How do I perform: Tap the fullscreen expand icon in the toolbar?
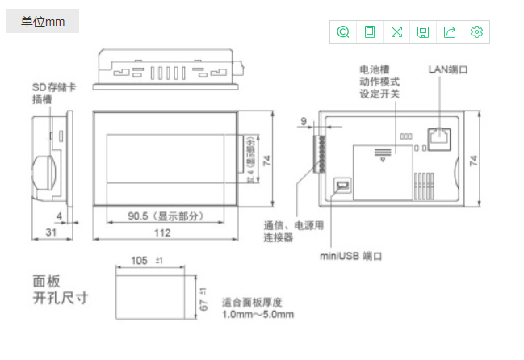[396, 31]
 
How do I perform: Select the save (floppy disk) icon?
[423, 31]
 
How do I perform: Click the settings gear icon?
[476, 31]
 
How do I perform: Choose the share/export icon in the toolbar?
[450, 31]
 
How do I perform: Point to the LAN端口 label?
[448, 69]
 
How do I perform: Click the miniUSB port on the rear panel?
[342, 186]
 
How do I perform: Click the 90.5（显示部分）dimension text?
[165, 216]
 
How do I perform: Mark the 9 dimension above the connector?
[304, 121]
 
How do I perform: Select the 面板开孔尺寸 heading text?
[60, 290]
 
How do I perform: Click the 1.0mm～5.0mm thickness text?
[258, 314]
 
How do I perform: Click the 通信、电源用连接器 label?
[294, 231]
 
